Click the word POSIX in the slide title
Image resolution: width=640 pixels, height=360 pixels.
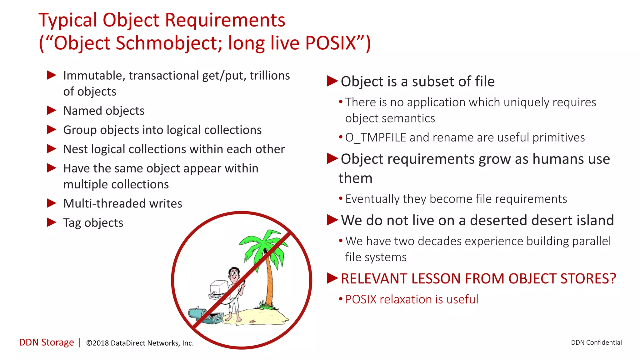(x=331, y=43)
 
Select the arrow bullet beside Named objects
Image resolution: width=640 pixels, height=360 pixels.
(x=51, y=110)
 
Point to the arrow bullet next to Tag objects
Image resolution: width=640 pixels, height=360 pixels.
(x=51, y=222)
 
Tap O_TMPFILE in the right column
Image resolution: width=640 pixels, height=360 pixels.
(x=375, y=137)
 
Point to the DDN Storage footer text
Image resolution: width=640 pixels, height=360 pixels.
(x=47, y=342)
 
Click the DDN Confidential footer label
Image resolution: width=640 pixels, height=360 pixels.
(x=596, y=342)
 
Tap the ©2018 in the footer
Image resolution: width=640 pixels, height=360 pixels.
(x=97, y=343)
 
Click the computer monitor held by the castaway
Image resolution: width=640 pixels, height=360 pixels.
(x=219, y=287)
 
